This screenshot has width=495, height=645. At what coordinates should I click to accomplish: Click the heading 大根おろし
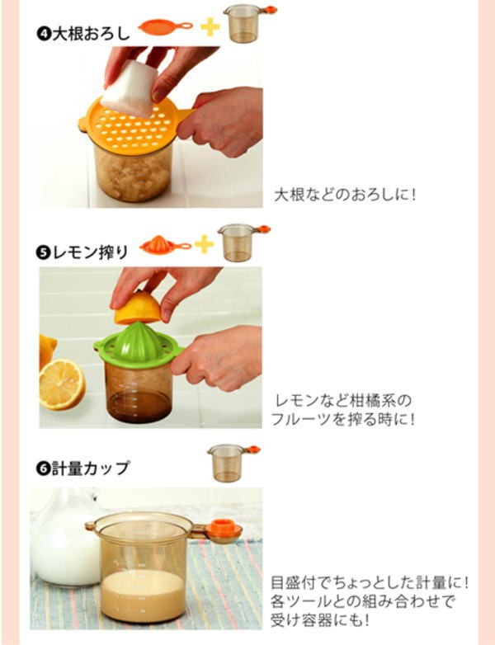click(x=92, y=34)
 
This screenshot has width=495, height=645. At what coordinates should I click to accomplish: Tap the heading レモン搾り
click(x=90, y=252)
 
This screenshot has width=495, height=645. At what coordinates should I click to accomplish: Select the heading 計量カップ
click(x=90, y=468)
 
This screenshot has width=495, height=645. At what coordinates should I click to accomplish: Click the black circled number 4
click(x=43, y=34)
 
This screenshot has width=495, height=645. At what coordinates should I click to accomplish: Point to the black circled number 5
click(x=43, y=252)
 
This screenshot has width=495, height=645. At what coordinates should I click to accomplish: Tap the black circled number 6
click(x=43, y=468)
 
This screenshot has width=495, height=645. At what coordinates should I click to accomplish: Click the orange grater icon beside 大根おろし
click(x=165, y=27)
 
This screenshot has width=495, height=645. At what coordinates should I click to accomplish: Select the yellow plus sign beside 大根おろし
click(x=210, y=27)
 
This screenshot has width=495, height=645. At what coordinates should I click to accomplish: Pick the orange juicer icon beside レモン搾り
click(x=165, y=245)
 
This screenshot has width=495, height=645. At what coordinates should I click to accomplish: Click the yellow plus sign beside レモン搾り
click(x=204, y=244)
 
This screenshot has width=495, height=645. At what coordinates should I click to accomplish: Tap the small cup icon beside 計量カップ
click(x=233, y=463)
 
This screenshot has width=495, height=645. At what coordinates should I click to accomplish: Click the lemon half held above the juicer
click(x=137, y=308)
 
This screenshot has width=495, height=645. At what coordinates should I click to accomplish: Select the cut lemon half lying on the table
click(x=62, y=384)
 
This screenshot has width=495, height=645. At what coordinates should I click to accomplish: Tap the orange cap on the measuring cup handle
click(x=224, y=529)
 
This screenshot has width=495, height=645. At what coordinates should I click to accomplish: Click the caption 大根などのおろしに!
click(x=344, y=195)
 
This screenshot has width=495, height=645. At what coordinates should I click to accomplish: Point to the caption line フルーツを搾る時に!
click(x=342, y=420)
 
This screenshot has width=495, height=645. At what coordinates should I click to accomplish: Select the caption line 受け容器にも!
click(x=319, y=619)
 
